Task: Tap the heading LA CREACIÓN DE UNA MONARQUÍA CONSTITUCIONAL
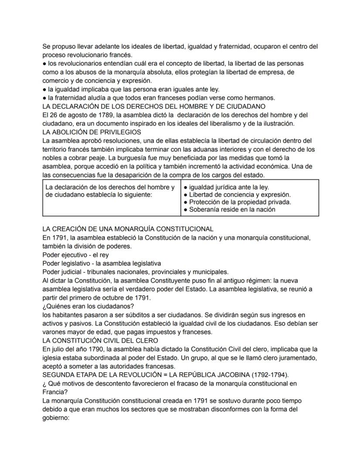[x=128, y=228]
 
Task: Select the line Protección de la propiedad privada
[x=237, y=202]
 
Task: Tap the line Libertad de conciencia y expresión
[x=237, y=194]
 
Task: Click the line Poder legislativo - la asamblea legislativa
[x=102, y=263]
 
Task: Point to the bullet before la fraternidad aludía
[x=44, y=98]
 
